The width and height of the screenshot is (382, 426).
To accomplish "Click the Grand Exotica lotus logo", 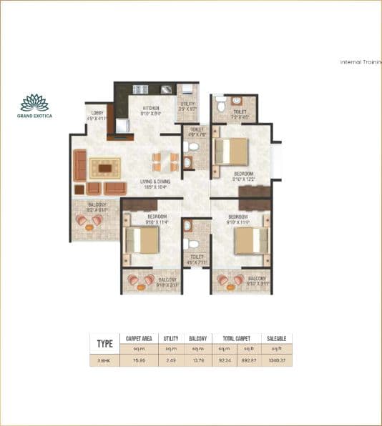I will [35, 102].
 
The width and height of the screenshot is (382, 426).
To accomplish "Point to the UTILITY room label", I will [187, 106].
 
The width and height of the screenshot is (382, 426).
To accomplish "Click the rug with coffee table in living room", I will [105, 168].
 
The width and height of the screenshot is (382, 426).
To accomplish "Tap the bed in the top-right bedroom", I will [232, 152].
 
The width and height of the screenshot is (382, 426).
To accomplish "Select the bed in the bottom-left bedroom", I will [141, 241].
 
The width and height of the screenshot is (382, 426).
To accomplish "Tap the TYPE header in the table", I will [104, 342].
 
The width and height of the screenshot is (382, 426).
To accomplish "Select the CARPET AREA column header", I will [139, 338].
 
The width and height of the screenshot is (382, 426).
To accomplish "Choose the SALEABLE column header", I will [277, 338].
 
